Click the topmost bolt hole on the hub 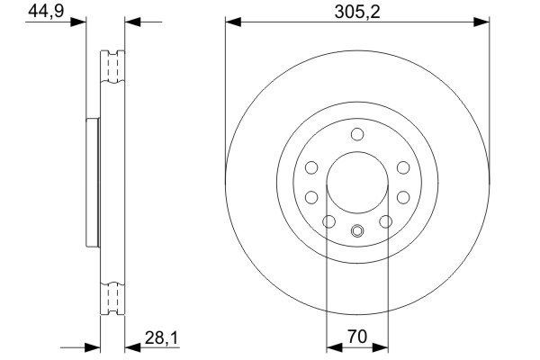[x=357, y=135]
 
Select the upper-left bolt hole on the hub [x=311, y=167]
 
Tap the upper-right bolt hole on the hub [x=402, y=167]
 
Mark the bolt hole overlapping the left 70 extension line [x=329, y=221]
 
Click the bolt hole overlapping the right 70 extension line [x=386, y=221]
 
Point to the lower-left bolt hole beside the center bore [x=311, y=196]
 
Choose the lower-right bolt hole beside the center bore [x=403, y=196]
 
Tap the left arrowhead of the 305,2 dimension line [x=229, y=20]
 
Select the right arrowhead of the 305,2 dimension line [x=487, y=20]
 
